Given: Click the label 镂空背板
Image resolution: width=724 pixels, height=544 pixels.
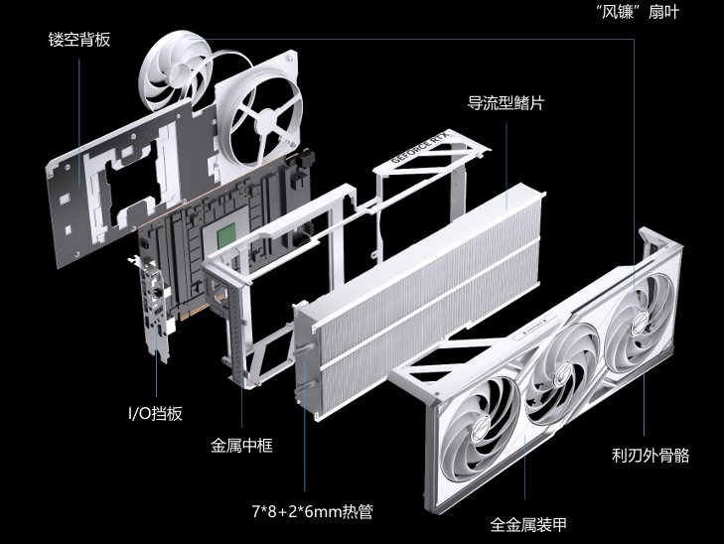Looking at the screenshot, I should click(x=78, y=41).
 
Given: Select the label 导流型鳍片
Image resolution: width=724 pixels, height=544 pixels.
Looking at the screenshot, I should click(x=505, y=102).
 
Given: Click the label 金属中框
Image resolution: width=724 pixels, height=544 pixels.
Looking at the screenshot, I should click(x=241, y=445).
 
